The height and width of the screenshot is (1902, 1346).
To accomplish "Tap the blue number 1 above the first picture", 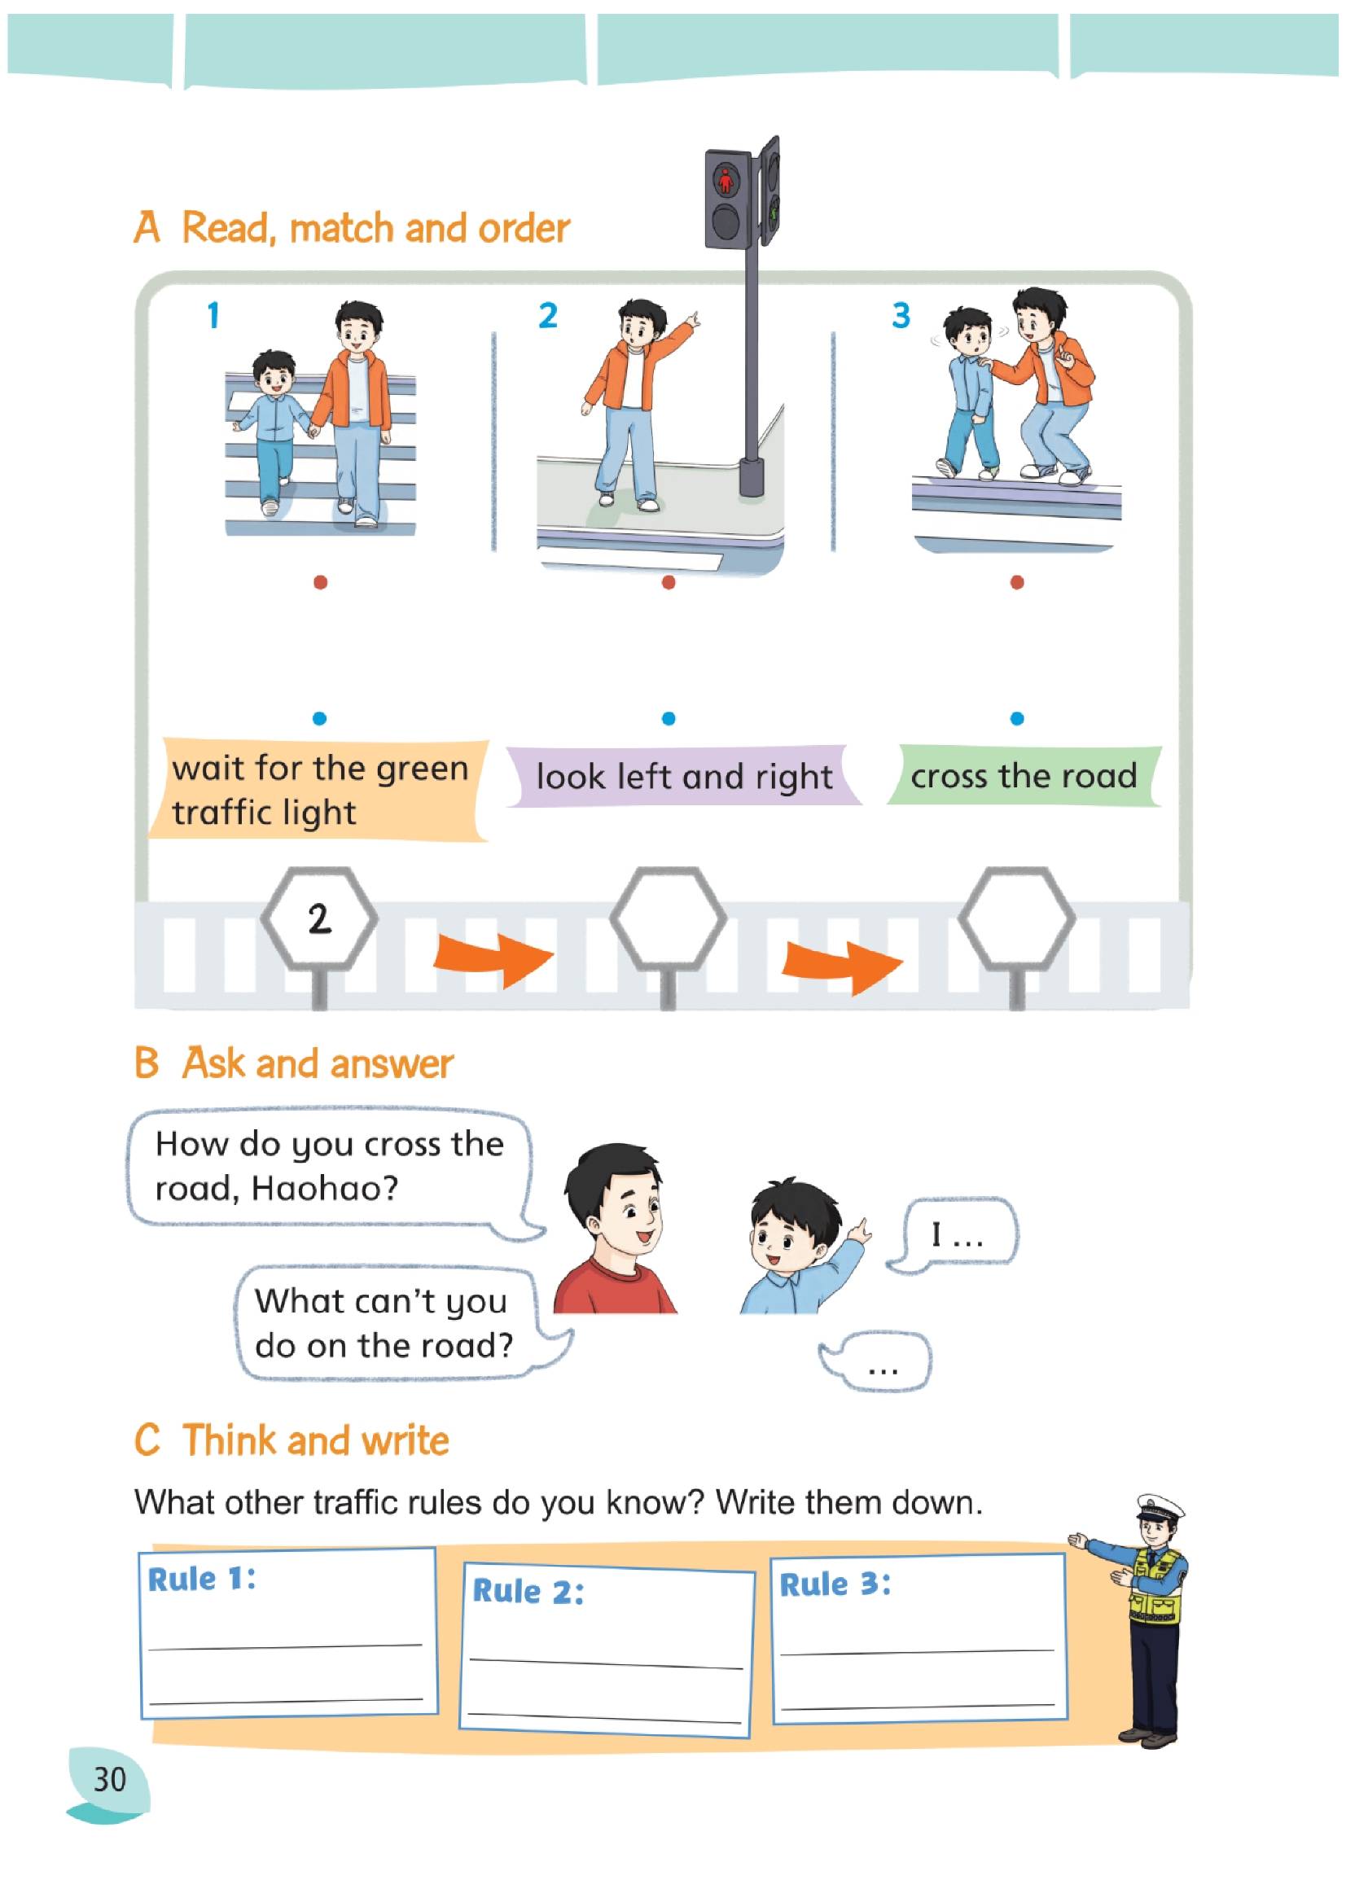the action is [x=213, y=316].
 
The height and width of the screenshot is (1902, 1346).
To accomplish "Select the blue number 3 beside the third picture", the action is [x=901, y=316].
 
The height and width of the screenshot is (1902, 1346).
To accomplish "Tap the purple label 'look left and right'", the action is [x=684, y=777].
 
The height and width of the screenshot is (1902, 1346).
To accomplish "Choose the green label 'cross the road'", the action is [x=1024, y=776].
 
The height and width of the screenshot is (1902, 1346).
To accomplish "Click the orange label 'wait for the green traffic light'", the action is [x=319, y=790].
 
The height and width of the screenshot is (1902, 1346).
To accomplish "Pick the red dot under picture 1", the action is [x=320, y=583].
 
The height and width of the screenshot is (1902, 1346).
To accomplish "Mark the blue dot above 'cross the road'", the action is [x=1017, y=718].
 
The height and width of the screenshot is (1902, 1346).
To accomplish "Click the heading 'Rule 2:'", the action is [x=528, y=1590].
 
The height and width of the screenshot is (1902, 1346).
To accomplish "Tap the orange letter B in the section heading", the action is [x=147, y=1063].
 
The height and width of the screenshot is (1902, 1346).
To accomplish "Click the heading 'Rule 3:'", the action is [x=835, y=1584].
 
